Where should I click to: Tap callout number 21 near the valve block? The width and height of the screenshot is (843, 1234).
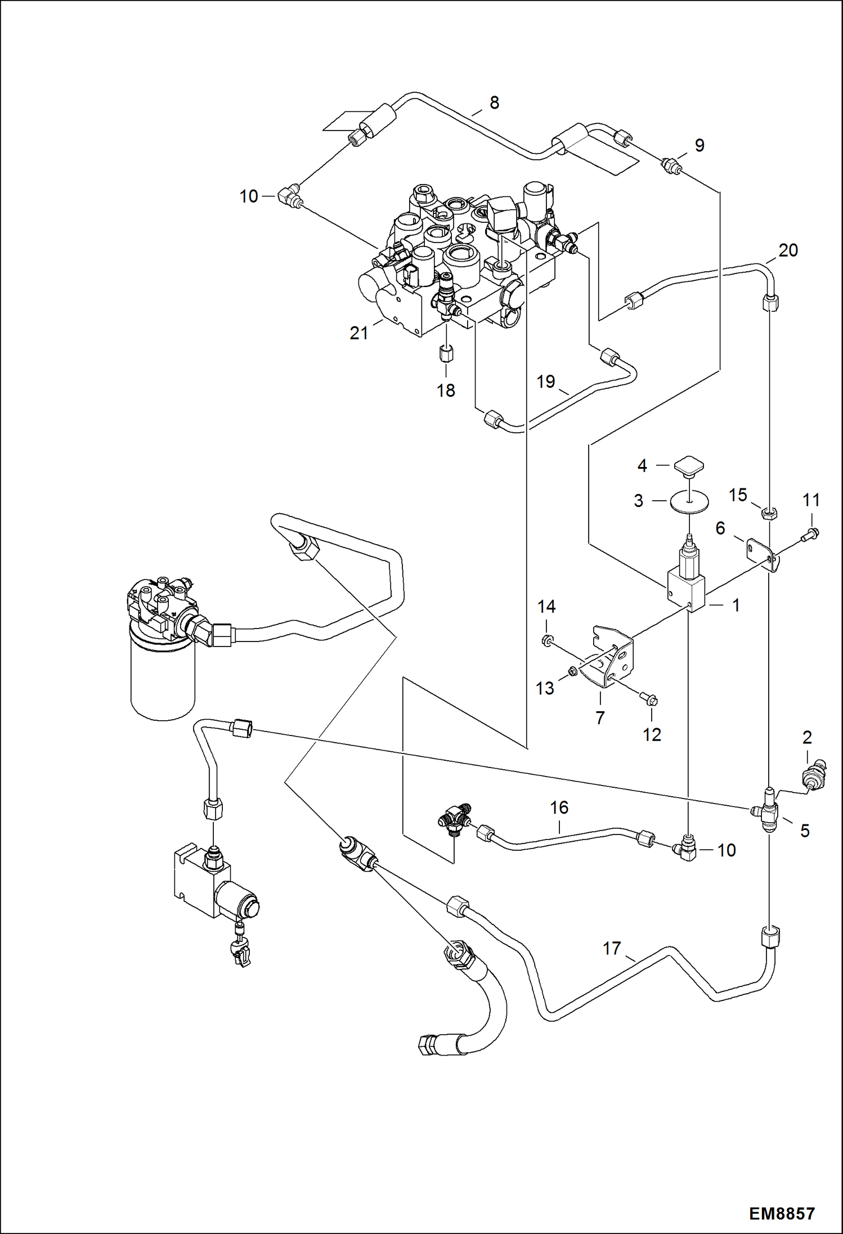[x=359, y=333]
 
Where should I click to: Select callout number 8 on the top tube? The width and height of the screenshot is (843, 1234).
[x=494, y=102]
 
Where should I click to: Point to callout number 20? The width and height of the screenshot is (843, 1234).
[x=788, y=250]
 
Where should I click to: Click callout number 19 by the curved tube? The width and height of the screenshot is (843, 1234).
[x=546, y=382]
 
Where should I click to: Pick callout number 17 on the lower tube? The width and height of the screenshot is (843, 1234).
[x=612, y=949]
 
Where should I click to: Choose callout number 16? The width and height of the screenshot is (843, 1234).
[x=559, y=807]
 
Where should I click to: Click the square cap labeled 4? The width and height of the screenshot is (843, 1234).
[x=687, y=465]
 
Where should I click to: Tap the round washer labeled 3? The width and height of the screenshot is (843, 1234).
[x=688, y=501]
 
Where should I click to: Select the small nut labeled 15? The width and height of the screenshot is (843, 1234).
[x=769, y=513]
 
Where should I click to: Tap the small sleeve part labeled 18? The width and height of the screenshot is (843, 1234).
[x=446, y=355]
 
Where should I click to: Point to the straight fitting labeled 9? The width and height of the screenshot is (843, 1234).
[x=672, y=165]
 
